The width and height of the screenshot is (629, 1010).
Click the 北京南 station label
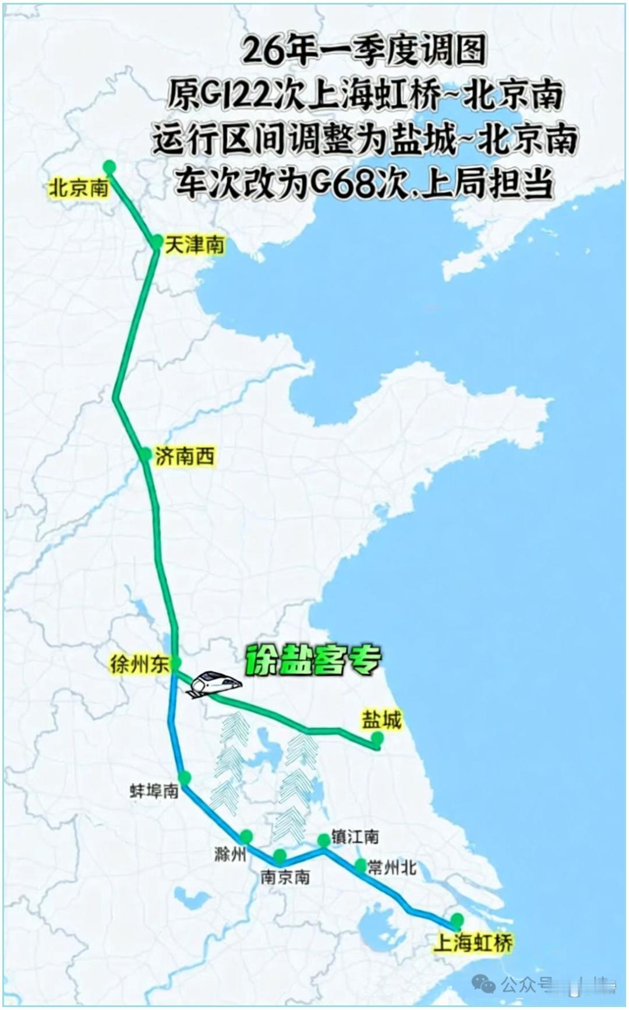coord(79,188)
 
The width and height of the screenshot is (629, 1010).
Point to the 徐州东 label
coord(140,664)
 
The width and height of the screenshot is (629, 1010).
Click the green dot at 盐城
coord(377,739)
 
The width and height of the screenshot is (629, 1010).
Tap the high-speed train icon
coord(213,684)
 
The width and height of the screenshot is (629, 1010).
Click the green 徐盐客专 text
coord(313,660)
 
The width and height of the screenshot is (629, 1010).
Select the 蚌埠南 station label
coord(154,791)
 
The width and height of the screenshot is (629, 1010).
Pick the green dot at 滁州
coord(246,837)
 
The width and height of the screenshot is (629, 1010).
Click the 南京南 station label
coord(285,877)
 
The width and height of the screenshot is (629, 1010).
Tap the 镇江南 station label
coord(355,837)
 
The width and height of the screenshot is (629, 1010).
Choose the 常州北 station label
coord(392,868)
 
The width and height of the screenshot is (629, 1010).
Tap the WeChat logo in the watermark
coord(484,984)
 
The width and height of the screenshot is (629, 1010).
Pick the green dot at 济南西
coord(146,455)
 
